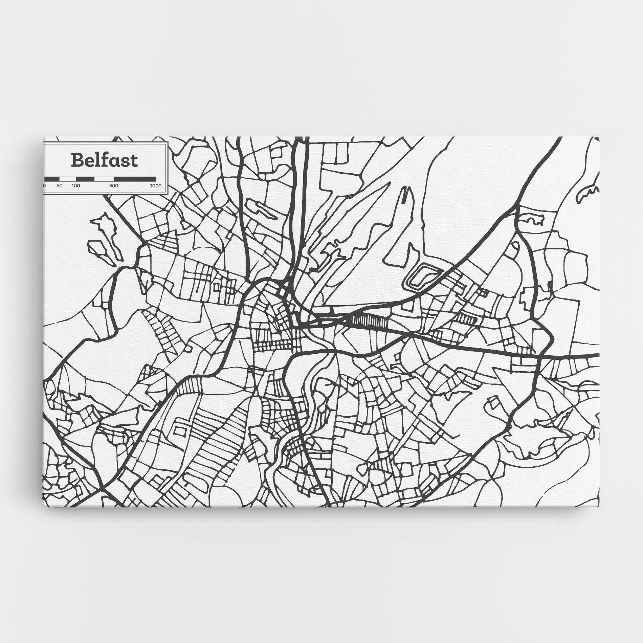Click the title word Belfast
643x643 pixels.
104,160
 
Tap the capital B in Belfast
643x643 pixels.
76,160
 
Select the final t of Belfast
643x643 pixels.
134,161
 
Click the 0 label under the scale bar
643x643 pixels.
44,186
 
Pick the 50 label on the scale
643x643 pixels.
60,186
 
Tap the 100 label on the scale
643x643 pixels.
76,186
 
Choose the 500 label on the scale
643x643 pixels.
114,186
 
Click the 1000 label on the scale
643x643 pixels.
155,186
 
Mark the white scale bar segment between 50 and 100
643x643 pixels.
68,178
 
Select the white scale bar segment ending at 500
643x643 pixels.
104,178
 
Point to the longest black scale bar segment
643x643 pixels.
135,178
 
